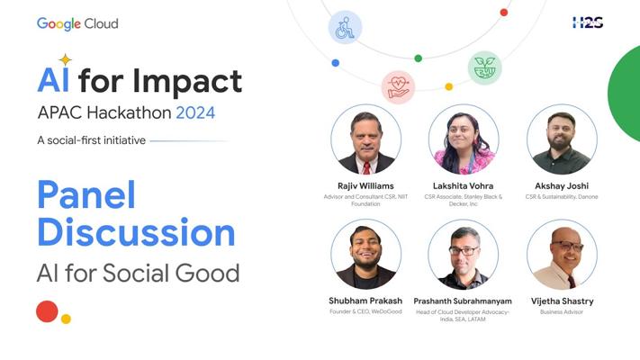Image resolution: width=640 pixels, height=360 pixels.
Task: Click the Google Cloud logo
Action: click(x=77, y=23)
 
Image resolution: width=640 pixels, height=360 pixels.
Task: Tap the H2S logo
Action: click(x=588, y=22)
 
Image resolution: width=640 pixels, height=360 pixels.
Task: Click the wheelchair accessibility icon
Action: click(x=346, y=27)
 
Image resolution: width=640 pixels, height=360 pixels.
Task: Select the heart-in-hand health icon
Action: click(x=398, y=87)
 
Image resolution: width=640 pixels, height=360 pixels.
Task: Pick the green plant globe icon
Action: click(x=484, y=67)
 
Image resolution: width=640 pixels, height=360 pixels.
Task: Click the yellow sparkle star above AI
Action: click(x=65, y=60)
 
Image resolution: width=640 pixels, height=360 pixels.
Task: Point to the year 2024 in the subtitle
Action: click(x=195, y=112)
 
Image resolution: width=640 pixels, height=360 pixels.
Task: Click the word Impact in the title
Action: click(x=187, y=82)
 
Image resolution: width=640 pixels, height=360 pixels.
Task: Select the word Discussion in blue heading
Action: click(x=136, y=232)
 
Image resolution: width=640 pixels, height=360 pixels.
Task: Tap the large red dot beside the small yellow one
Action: click(x=47, y=311)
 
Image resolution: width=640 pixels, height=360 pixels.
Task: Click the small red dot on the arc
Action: click(x=504, y=13)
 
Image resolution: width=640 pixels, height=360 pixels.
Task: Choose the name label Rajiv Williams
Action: click(x=365, y=186)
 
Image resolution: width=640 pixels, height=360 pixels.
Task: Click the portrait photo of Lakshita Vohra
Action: click(x=464, y=139)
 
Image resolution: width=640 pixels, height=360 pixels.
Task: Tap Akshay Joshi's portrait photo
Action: click(x=562, y=139)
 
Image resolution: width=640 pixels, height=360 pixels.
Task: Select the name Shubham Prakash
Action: click(x=365, y=301)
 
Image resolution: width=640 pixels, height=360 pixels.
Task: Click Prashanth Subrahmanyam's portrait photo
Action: click(x=464, y=255)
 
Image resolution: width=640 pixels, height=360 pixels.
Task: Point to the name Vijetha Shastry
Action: click(x=562, y=301)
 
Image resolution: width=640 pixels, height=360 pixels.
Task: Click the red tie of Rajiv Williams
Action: click(x=366, y=167)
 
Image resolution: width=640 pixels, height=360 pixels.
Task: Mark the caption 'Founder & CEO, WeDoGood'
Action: click(x=365, y=311)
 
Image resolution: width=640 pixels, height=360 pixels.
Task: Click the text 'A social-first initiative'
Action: click(x=92, y=140)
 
